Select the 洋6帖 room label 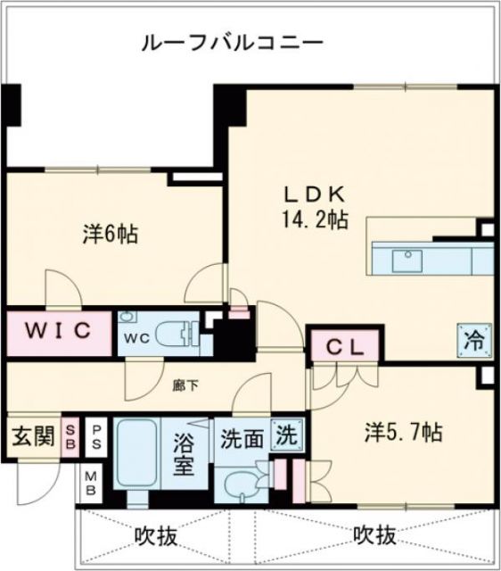click(x=111, y=235)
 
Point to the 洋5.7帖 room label click(x=402, y=433)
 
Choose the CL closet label click(x=343, y=347)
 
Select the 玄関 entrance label click(x=31, y=437)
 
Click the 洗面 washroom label click(x=242, y=440)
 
